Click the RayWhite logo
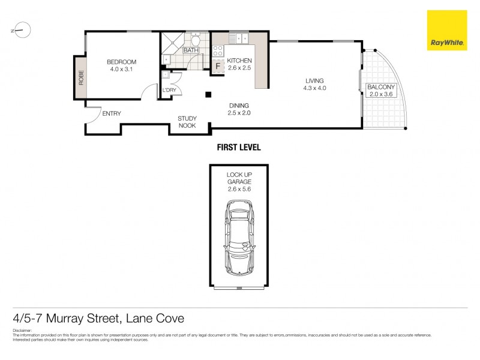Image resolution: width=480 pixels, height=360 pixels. point(446,31)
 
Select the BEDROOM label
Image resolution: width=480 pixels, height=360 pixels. point(122,62)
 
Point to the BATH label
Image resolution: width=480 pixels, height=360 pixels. point(190,50)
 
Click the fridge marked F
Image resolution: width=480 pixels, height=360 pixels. point(217,67)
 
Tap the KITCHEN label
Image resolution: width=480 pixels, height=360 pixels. point(239,61)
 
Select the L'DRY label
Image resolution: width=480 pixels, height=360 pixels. point(170,91)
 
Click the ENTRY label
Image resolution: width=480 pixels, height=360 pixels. point(112,113)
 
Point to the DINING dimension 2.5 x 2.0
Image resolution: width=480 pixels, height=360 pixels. point(238,112)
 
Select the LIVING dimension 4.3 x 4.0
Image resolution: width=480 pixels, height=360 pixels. point(314,89)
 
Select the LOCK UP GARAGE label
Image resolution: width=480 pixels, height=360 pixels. point(239,178)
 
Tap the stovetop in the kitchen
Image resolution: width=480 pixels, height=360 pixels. point(218,52)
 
